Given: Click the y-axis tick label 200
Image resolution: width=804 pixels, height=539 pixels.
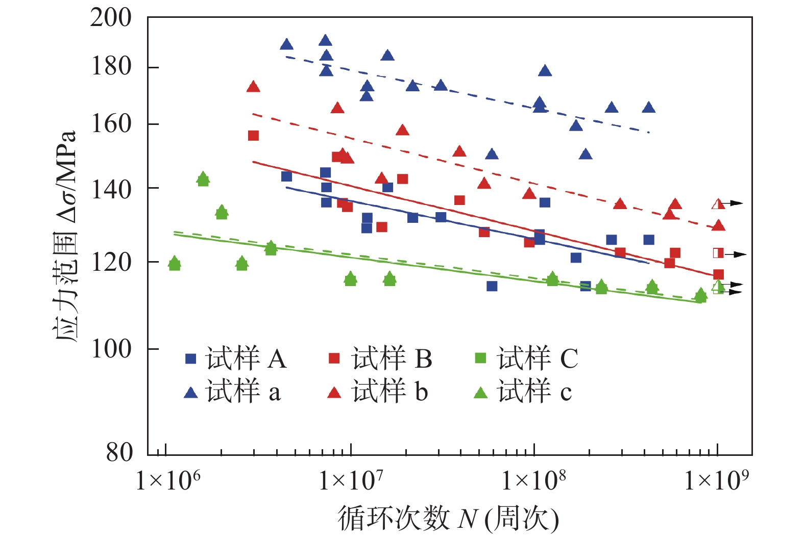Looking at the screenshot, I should point(111,18).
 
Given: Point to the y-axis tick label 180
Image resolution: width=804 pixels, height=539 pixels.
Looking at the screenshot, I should point(111,67).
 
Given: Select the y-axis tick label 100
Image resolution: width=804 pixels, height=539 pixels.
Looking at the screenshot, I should point(111,349).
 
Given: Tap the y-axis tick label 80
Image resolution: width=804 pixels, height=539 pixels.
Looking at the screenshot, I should point(119,452).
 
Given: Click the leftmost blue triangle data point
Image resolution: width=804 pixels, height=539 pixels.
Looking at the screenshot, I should point(286,45).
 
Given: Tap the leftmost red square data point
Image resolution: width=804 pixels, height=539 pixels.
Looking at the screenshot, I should point(253,136).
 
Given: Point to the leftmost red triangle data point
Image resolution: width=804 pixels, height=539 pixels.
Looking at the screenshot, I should point(253,87).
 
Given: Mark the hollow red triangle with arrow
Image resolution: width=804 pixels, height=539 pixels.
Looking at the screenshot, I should point(718,204).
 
